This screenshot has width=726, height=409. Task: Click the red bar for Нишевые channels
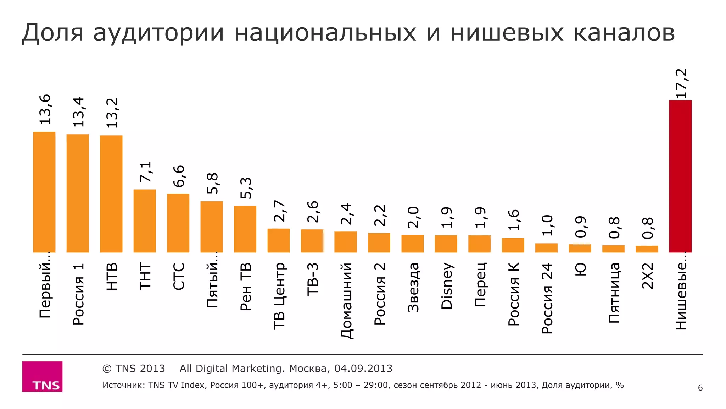click(680, 176)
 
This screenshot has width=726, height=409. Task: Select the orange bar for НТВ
click(111, 194)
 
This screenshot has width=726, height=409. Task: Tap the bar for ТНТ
click(145, 221)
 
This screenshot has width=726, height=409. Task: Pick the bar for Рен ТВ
click(245, 229)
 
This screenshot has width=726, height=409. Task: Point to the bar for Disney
click(446, 244)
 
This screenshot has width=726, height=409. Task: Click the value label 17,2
click(681, 84)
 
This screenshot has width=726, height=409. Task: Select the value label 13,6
click(45, 109)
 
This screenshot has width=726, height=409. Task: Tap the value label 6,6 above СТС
click(179, 176)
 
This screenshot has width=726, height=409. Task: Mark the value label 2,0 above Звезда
click(413, 217)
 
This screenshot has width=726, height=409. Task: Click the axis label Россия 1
click(78, 294)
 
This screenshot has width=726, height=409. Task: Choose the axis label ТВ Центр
click(279, 296)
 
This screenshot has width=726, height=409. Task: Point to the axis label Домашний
click(346, 300)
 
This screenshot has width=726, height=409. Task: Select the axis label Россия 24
click(547, 298)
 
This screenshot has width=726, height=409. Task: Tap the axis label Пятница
click(614, 293)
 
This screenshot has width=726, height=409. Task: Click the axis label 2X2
click(647, 276)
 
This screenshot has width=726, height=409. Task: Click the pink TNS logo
click(42, 376)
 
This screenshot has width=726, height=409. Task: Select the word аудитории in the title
click(158, 33)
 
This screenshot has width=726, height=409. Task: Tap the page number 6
click(700, 388)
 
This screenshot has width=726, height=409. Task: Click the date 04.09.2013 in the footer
click(363, 369)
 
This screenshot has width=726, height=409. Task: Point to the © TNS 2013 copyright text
click(134, 369)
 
